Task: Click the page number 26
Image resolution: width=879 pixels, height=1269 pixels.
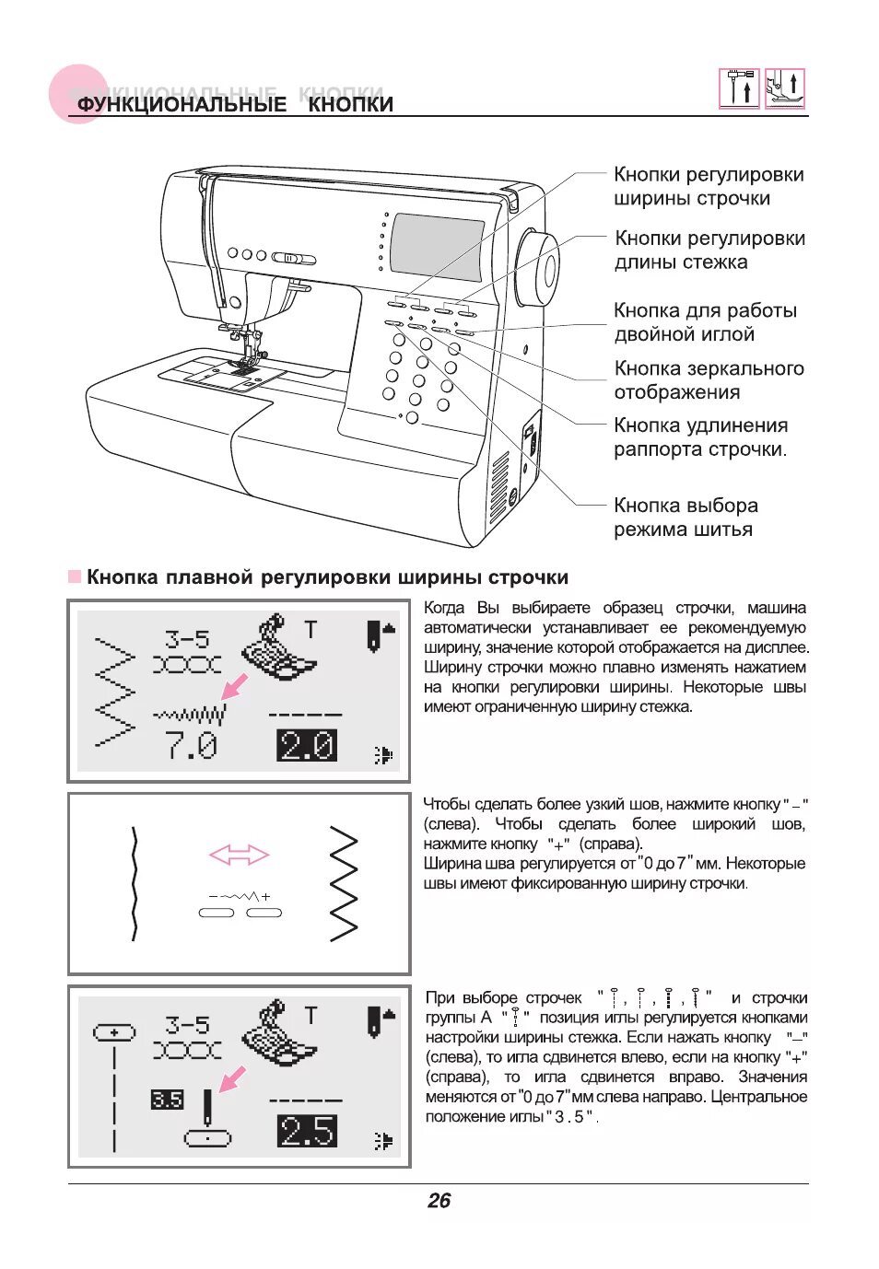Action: click(439, 1200)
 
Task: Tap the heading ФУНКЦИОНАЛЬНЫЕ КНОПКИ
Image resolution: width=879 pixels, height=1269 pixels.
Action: click(235, 104)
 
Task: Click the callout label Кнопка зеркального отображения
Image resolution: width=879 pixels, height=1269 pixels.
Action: click(709, 380)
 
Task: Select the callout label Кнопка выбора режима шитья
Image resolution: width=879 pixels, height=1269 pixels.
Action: click(686, 518)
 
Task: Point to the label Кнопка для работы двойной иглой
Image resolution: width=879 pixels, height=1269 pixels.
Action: click(705, 322)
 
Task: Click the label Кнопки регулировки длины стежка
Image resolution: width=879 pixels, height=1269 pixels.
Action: click(709, 250)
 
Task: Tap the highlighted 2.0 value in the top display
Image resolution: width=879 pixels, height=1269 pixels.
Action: click(307, 745)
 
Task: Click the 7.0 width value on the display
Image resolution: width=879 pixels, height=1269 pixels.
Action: click(192, 745)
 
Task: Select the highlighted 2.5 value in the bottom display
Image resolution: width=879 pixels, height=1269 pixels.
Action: click(307, 1131)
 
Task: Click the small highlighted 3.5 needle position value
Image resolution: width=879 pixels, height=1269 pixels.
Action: click(167, 1100)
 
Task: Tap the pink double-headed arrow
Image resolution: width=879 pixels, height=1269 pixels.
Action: click(239, 856)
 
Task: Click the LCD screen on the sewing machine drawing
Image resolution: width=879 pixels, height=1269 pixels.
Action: click(437, 247)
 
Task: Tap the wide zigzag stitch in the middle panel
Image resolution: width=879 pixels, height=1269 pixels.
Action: click(344, 883)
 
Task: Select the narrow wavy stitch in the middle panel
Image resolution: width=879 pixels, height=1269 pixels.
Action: click(135, 883)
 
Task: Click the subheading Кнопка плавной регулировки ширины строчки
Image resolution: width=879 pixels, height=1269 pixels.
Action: click(327, 577)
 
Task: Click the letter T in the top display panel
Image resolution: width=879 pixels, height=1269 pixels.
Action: click(311, 630)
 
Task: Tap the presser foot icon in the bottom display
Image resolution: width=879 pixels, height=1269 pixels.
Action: click(276, 1033)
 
